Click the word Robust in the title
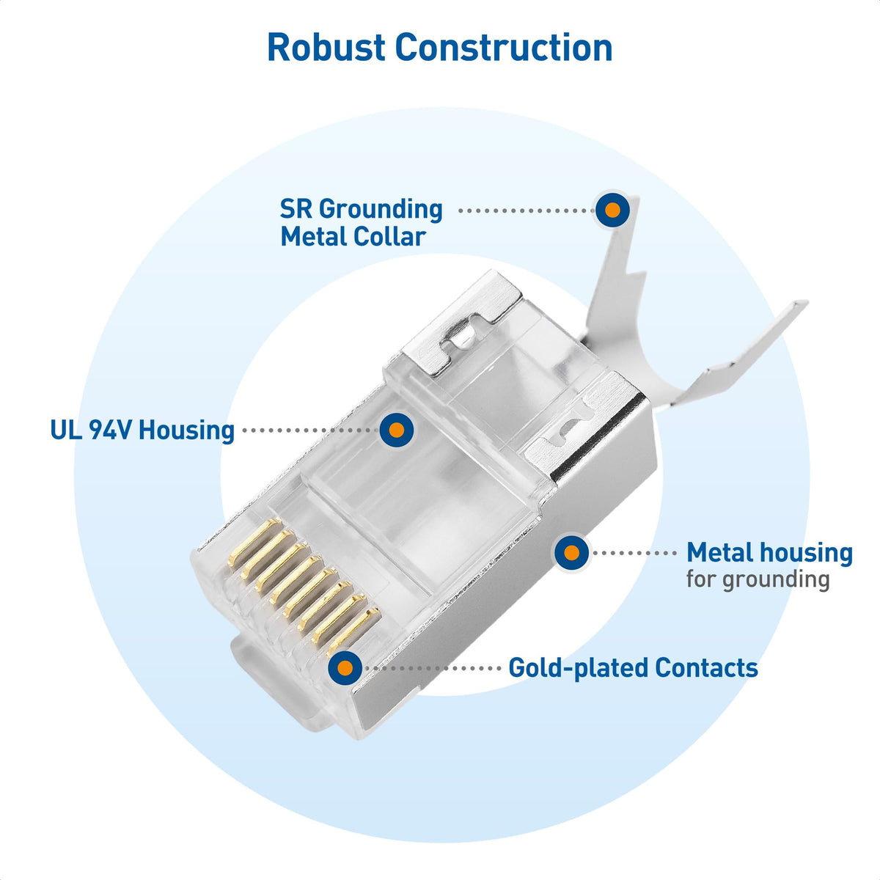click(x=326, y=48)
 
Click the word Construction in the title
click(x=504, y=48)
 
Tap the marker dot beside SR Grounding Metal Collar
click(x=612, y=210)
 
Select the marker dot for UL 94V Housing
click(x=397, y=430)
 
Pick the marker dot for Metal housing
click(x=571, y=552)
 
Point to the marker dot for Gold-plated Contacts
click(x=345, y=667)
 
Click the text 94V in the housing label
click(x=110, y=430)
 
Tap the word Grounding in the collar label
click(x=381, y=209)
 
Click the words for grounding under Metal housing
click(x=758, y=579)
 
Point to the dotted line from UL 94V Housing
click(x=308, y=430)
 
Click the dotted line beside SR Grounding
click(x=524, y=210)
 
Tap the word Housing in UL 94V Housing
click(x=186, y=430)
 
